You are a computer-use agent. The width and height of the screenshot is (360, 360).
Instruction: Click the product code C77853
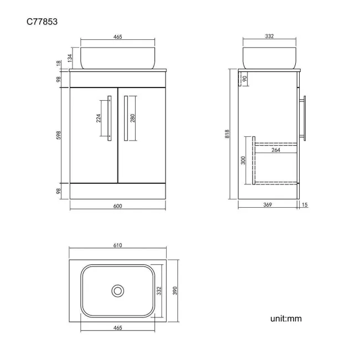(x=42, y=22)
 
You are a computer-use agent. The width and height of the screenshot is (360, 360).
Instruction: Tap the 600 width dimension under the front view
(x=117, y=206)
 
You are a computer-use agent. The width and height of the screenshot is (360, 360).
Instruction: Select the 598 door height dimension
(x=59, y=135)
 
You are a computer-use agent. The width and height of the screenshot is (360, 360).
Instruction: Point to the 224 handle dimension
(x=99, y=118)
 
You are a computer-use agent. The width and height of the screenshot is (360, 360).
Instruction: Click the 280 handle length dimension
(x=133, y=118)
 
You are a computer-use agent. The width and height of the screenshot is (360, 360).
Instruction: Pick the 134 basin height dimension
(x=70, y=58)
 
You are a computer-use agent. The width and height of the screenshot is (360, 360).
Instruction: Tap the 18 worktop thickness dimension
(x=59, y=63)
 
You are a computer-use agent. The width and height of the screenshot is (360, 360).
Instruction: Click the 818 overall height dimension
(x=227, y=134)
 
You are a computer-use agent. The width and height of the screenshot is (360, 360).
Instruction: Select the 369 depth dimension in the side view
(x=268, y=204)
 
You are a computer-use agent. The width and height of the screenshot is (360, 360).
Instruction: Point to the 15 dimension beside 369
(x=305, y=204)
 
